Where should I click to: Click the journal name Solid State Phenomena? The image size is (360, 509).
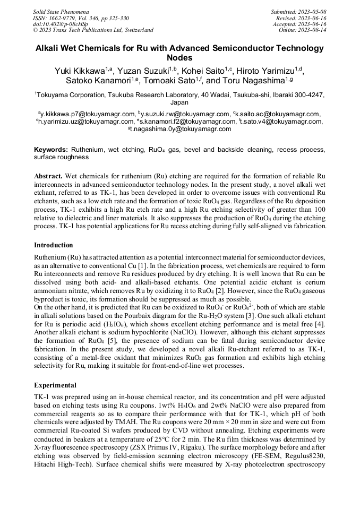(x=61, y=11)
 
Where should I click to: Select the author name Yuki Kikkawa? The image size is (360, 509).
(x=79, y=71)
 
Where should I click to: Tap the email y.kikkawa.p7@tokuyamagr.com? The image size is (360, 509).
(x=88, y=114)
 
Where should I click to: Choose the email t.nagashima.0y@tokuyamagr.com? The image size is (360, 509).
(x=181, y=128)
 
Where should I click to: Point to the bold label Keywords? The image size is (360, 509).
(x=51, y=150)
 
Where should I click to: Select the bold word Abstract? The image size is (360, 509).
(x=48, y=175)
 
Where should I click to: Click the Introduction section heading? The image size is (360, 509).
(x=54, y=245)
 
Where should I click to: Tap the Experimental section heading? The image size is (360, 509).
(x=55, y=385)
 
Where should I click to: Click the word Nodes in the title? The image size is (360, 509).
(x=179, y=58)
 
